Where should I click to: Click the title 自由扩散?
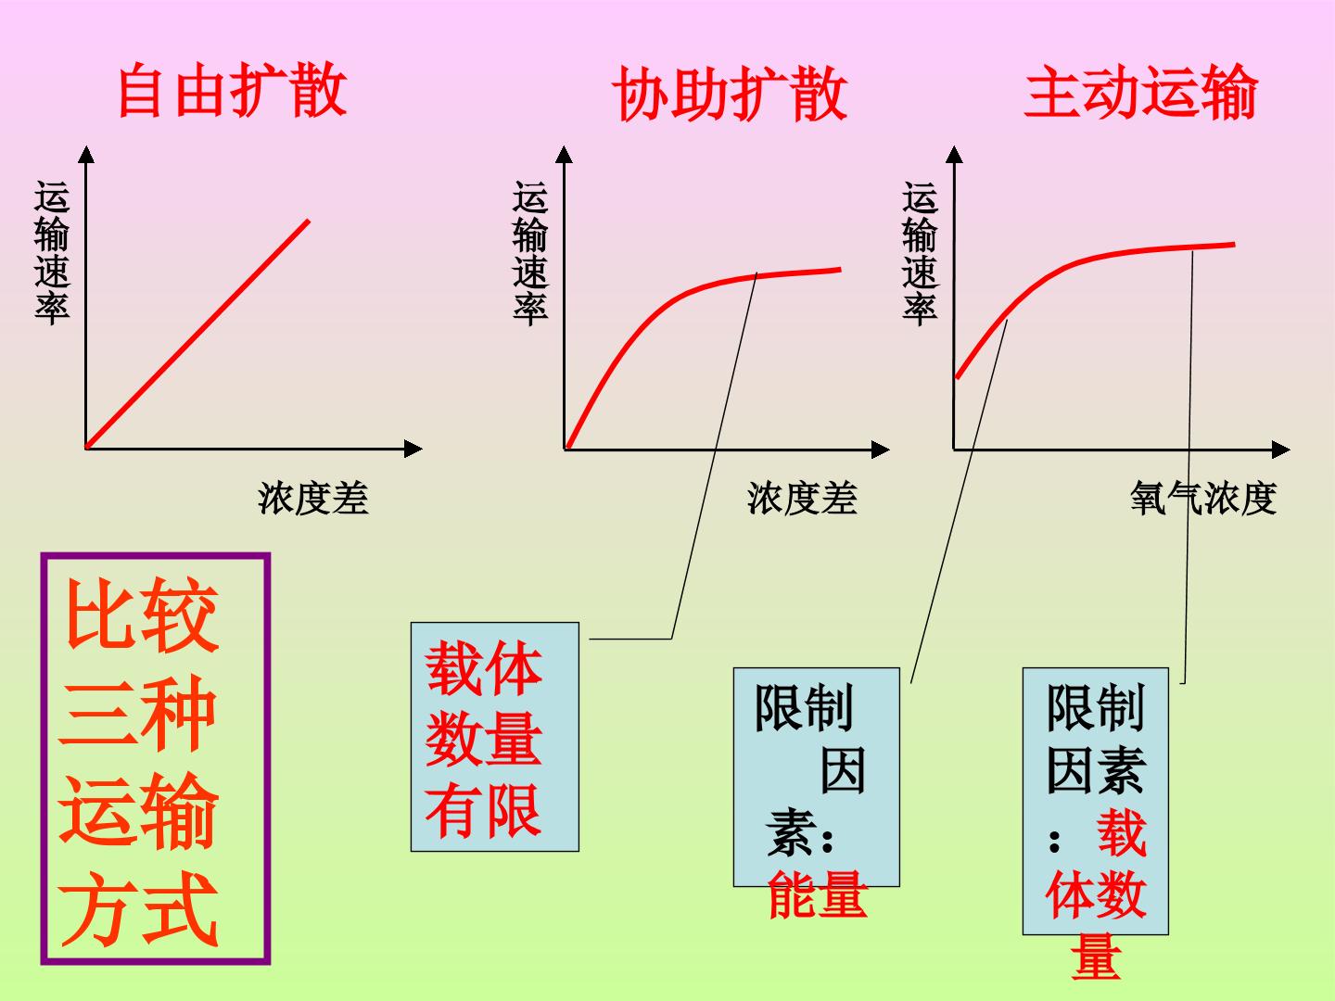(x=233, y=90)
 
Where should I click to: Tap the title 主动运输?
(x=1141, y=91)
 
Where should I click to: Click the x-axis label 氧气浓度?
(x=1203, y=499)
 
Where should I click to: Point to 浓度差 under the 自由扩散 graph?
(x=313, y=499)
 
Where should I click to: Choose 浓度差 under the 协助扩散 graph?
(x=802, y=499)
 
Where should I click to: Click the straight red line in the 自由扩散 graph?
(x=197, y=335)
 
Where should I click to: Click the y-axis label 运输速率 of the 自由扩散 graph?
(x=52, y=252)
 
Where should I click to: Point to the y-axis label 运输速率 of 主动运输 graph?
(x=920, y=252)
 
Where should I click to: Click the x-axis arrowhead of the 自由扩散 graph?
(x=413, y=450)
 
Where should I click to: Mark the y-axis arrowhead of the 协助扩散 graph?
(x=565, y=155)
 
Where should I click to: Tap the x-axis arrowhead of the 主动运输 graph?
(x=1281, y=450)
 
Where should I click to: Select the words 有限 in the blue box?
(x=483, y=811)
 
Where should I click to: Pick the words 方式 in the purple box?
(x=139, y=909)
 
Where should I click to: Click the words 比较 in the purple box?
(x=142, y=615)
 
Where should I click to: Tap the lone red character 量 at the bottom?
(x=1096, y=957)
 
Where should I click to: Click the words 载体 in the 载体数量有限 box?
(x=484, y=668)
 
